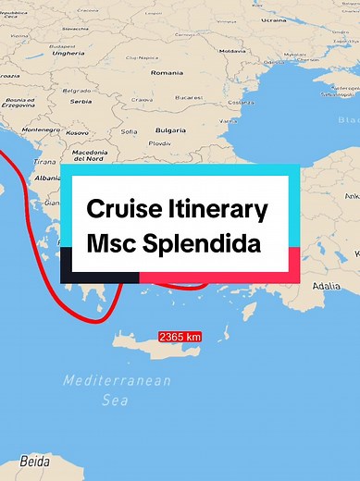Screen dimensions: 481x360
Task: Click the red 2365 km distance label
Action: tap(180, 337)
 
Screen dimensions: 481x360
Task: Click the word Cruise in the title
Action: tap(118, 209)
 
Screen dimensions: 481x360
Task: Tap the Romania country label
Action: tap(167, 72)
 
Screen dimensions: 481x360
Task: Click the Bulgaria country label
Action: tap(170, 130)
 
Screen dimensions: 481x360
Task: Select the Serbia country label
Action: tap(81, 101)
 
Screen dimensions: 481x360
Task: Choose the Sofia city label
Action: tap(129, 131)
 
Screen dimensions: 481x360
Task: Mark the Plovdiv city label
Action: tap(159, 143)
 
